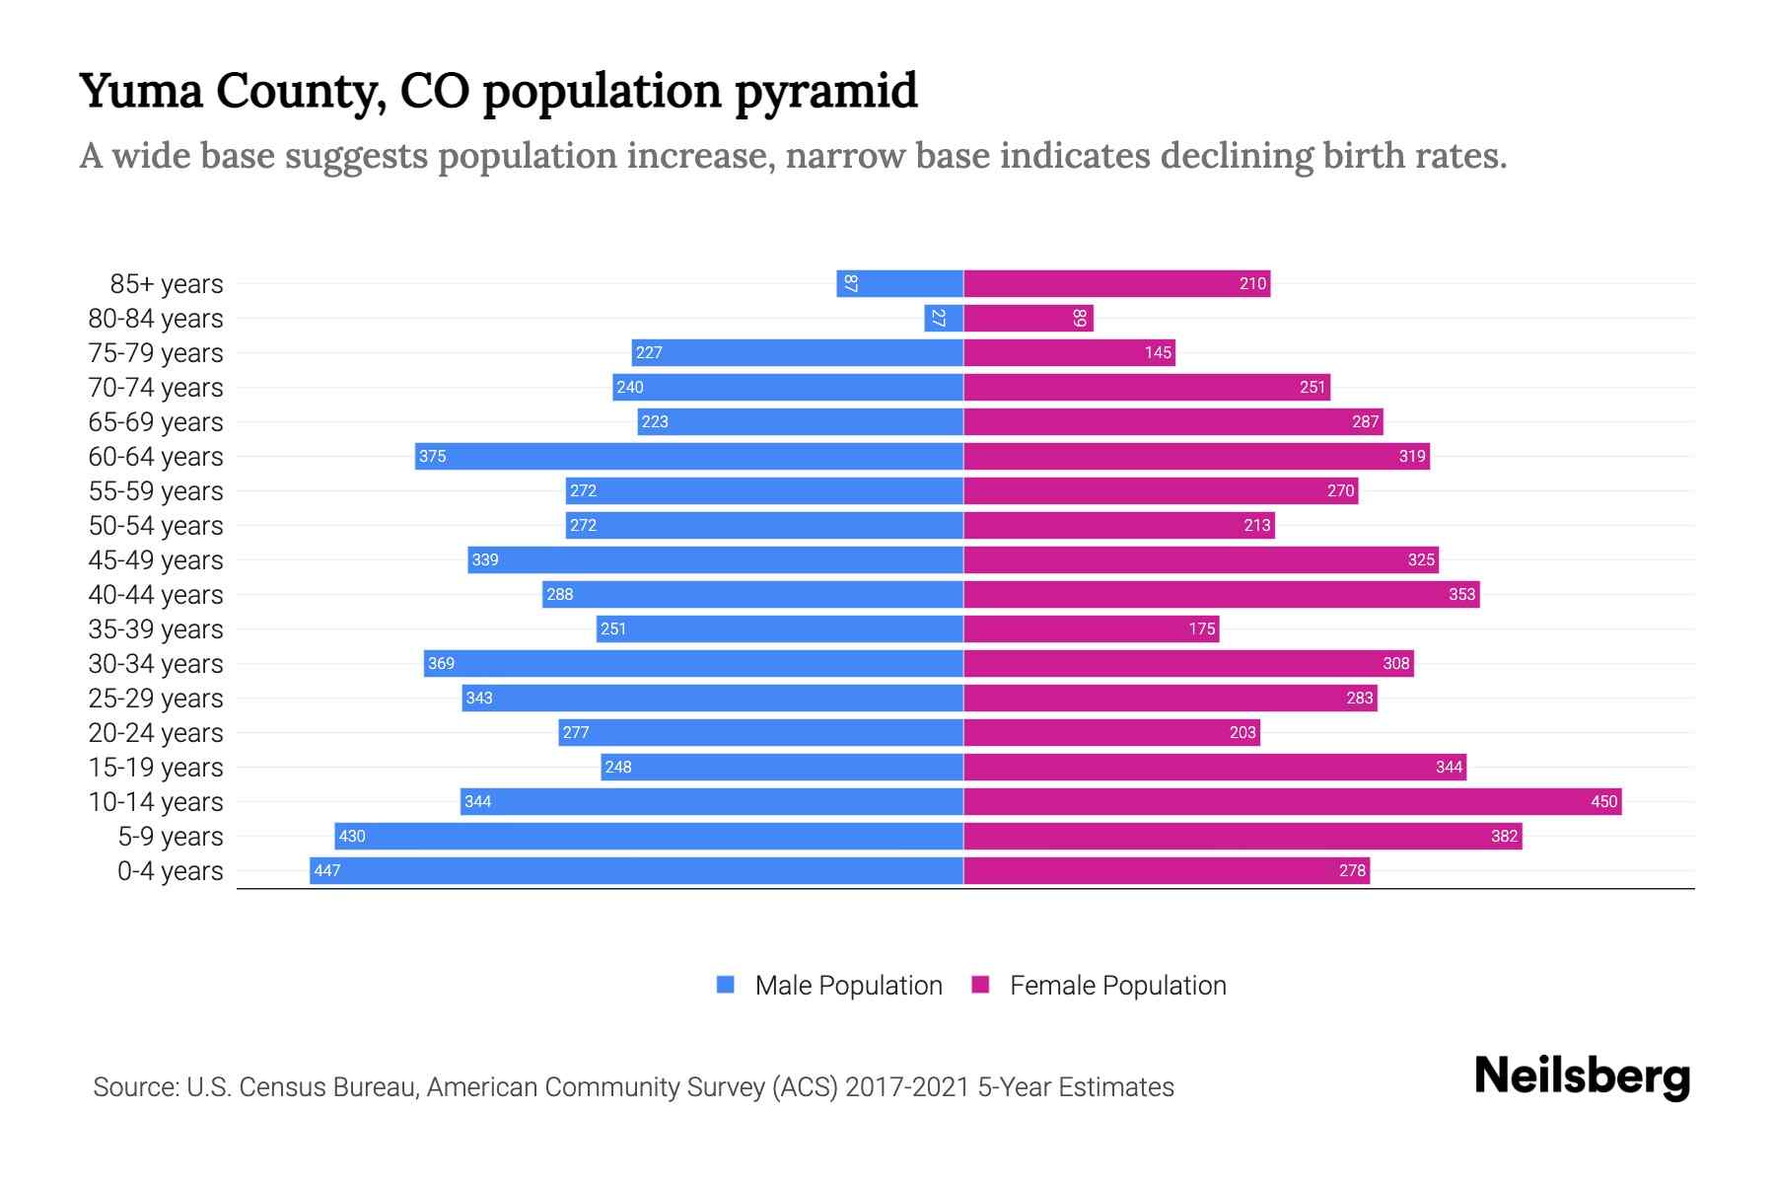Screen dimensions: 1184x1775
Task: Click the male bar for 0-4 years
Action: pyautogui.click(x=636, y=870)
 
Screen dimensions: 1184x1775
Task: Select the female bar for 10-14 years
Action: pyautogui.click(x=1292, y=801)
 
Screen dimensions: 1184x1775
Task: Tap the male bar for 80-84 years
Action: pyautogui.click(x=944, y=318)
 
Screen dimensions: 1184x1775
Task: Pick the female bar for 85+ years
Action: pyautogui.click(x=1116, y=283)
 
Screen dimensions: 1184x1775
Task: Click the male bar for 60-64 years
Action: pyautogui.click(x=688, y=456)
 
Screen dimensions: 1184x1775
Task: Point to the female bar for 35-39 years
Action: pyautogui.click(x=1091, y=629)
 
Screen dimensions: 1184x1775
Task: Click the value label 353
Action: pyautogui.click(x=1461, y=594)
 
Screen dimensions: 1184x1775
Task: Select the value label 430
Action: pyautogui.click(x=352, y=836)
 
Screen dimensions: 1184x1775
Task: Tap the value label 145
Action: pyautogui.click(x=1158, y=352)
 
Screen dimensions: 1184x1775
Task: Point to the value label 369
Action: pyautogui.click(x=441, y=663)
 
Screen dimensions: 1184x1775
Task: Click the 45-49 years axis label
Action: pyautogui.click(x=156, y=559)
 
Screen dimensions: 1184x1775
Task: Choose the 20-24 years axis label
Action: pyautogui.click(x=156, y=732)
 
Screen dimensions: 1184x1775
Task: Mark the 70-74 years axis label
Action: pyautogui.click(x=156, y=387)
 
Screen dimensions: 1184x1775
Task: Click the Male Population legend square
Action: pyautogui.click(x=726, y=985)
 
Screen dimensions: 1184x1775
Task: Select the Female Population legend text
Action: pyautogui.click(x=1117, y=985)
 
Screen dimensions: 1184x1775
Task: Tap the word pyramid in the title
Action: pyautogui.click(x=826, y=92)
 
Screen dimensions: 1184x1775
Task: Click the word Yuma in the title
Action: pyautogui.click(x=141, y=91)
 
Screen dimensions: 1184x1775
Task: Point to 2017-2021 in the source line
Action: pyautogui.click(x=906, y=1087)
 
